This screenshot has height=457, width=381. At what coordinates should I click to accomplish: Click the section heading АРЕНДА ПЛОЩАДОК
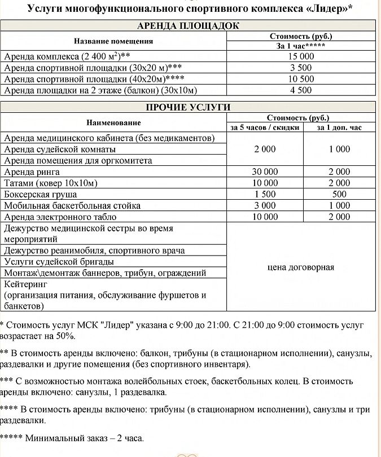[x=188, y=26]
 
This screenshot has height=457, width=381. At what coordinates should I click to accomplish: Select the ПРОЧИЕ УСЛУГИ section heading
[x=188, y=108]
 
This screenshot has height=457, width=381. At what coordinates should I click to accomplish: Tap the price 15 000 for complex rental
[x=300, y=56]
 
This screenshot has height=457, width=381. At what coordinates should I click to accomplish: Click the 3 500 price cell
[x=300, y=68]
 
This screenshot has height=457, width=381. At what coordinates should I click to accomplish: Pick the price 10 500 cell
[x=300, y=79]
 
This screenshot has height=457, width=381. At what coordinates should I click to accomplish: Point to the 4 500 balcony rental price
[x=300, y=90]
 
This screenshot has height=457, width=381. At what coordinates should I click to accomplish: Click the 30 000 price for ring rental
[x=264, y=172]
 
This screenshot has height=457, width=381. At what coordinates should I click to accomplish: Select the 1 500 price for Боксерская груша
[x=264, y=195]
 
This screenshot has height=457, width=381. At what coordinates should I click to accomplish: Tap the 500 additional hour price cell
[x=339, y=195]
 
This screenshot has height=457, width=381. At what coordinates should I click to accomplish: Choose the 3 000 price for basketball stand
[x=264, y=206]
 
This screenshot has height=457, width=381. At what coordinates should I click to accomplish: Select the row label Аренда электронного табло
[x=60, y=217]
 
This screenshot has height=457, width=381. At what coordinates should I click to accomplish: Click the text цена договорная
[x=300, y=267]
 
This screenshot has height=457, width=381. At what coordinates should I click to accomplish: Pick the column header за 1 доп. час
[x=339, y=128]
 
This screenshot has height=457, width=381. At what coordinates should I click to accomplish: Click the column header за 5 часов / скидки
[x=264, y=128]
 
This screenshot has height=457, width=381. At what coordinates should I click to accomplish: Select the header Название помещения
[x=113, y=41]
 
